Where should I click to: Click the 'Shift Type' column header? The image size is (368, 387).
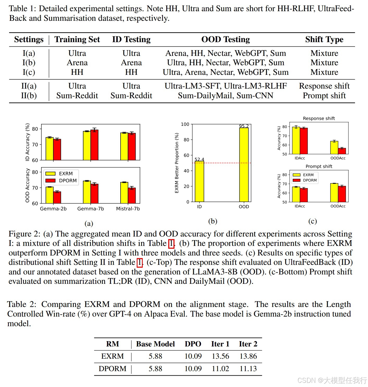[x=324, y=39]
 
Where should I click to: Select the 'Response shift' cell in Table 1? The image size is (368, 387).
[x=324, y=86]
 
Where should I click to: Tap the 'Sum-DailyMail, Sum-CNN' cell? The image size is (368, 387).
[x=225, y=96]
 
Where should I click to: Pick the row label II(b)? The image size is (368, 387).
[x=29, y=96]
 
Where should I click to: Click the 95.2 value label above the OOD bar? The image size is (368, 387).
[x=244, y=126]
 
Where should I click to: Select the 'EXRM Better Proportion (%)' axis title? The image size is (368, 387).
[x=177, y=163]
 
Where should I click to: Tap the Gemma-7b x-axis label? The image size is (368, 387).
[x=90, y=209]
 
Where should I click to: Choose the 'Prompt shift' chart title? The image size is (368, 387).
[x=319, y=166]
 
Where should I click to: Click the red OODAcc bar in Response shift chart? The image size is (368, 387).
[x=342, y=151]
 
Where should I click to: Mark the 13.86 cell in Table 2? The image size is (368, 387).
[x=248, y=356]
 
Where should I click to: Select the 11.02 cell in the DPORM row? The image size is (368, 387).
[x=220, y=369]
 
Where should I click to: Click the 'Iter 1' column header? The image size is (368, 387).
[x=220, y=344]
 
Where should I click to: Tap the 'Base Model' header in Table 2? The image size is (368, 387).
[x=155, y=344]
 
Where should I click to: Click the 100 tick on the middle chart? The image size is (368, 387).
[x=185, y=124]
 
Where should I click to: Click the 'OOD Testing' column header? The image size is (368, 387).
[x=225, y=39]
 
